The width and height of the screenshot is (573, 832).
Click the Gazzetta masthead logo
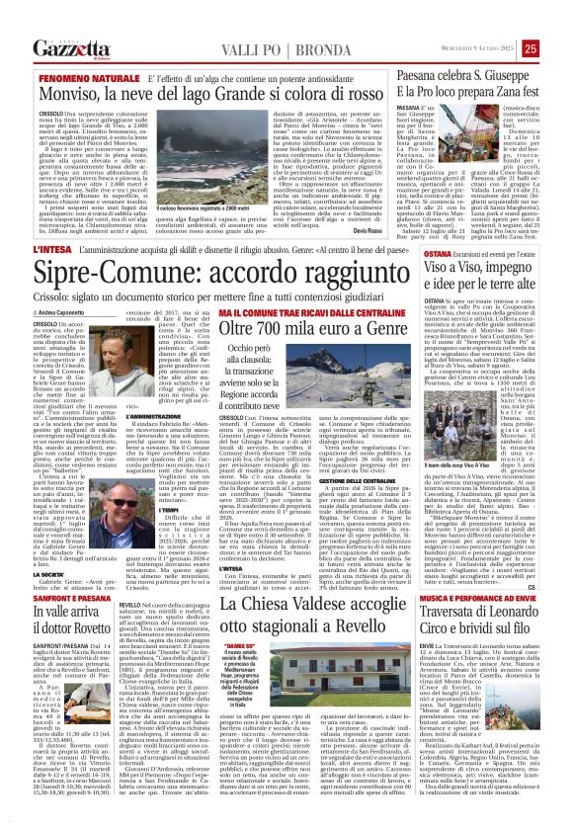click(x=70, y=47)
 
